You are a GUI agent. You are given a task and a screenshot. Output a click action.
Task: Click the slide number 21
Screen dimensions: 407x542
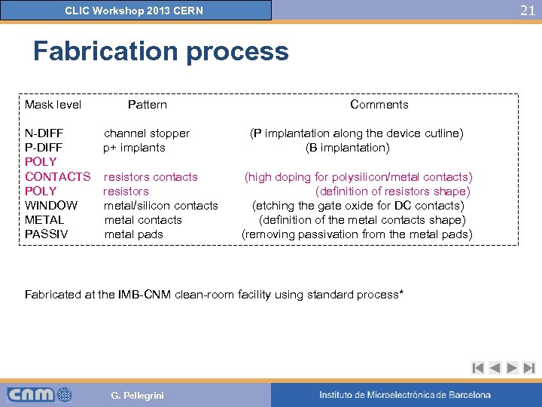click(x=528, y=10)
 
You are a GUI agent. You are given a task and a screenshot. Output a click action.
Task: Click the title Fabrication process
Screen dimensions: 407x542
click(x=160, y=51)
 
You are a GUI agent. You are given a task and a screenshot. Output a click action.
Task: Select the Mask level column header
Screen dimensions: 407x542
click(x=53, y=105)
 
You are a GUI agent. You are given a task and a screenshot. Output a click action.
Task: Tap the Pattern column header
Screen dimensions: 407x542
click(x=147, y=105)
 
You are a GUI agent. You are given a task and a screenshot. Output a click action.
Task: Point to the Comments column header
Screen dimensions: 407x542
click(x=379, y=105)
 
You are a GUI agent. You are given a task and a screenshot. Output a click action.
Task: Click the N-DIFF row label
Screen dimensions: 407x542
click(x=44, y=133)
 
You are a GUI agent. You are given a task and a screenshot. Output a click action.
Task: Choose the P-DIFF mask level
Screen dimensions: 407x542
click(x=44, y=148)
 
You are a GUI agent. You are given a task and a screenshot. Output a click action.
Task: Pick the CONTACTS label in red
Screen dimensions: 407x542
click(x=57, y=177)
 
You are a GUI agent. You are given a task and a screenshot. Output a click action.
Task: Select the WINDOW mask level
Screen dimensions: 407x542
click(x=51, y=206)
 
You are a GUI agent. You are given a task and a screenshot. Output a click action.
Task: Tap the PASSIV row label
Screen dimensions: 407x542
click(x=46, y=234)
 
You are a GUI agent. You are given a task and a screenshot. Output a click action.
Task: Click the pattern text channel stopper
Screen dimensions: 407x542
click(x=146, y=133)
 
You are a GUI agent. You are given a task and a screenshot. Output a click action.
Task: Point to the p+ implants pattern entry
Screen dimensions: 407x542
click(x=134, y=148)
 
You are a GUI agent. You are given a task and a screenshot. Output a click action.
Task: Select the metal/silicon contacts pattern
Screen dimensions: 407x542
click(x=160, y=206)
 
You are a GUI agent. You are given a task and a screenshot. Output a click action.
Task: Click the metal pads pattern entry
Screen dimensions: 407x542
click(x=133, y=234)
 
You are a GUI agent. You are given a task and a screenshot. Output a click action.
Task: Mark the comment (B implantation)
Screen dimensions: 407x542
click(x=347, y=148)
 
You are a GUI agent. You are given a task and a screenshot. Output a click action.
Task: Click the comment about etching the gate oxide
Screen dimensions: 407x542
click(x=358, y=206)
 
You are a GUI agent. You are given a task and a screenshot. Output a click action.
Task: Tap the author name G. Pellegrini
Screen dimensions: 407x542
click(x=137, y=396)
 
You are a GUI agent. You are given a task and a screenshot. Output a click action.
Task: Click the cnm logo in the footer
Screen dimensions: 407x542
click(x=39, y=394)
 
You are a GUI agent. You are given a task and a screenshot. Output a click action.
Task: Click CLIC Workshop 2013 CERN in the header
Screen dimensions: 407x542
click(x=134, y=11)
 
